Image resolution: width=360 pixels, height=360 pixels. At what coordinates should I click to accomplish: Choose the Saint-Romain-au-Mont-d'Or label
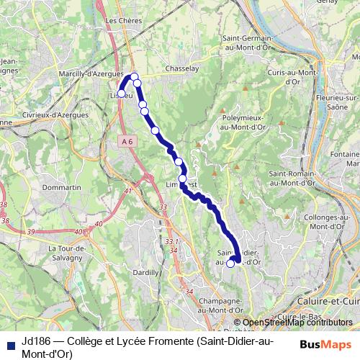click(292, 178)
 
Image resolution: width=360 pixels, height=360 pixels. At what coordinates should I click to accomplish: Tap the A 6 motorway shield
click(127, 142)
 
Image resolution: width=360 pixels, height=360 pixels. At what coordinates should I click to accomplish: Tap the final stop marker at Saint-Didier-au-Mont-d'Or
click(230, 264)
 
